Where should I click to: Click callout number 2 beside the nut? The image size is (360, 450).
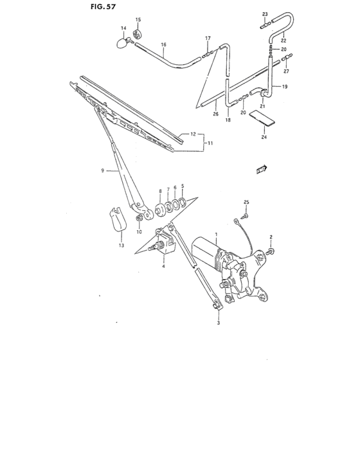(271, 237)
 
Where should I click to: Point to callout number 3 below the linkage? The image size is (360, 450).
(219, 323)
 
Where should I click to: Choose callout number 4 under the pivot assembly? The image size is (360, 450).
(164, 265)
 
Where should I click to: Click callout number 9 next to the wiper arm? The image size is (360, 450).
(102, 170)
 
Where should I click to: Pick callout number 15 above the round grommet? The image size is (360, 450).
(137, 21)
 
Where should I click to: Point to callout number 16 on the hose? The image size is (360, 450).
(163, 45)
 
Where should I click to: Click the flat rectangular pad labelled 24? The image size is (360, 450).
(261, 118)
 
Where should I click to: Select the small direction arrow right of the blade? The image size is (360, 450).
(260, 169)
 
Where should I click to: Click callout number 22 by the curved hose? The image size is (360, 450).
(283, 41)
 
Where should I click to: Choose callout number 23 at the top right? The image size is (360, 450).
(264, 14)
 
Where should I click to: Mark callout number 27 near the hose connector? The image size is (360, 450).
(286, 71)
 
